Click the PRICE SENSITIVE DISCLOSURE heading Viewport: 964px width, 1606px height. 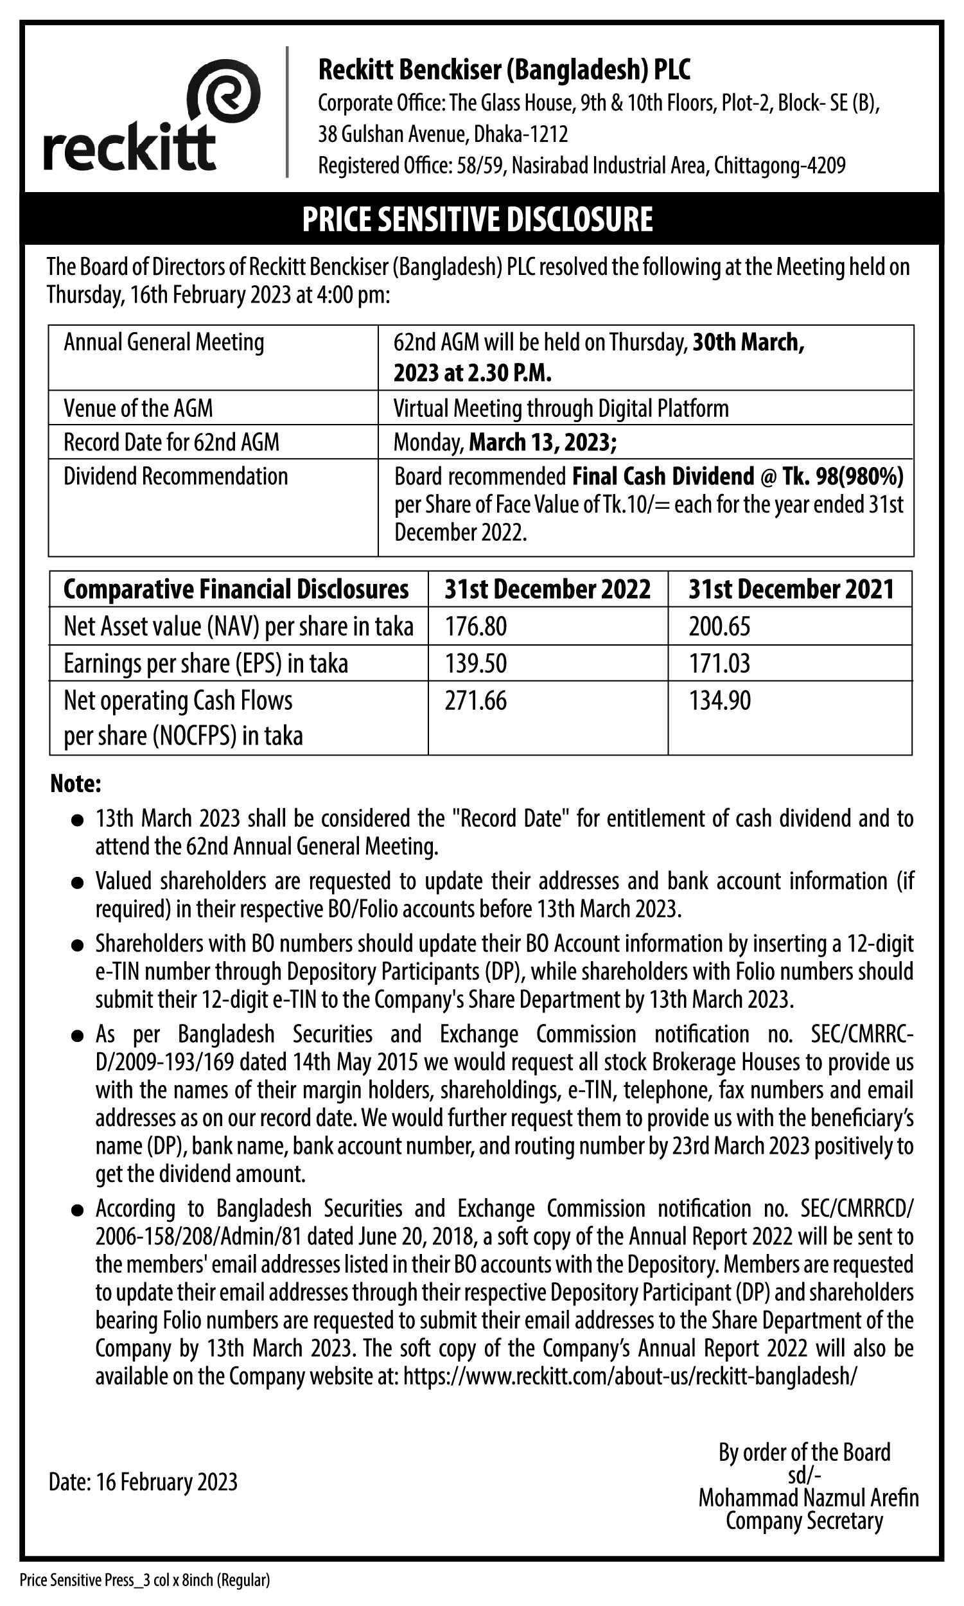point(477,219)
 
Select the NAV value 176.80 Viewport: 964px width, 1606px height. point(475,626)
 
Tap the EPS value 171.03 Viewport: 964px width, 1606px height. point(719,664)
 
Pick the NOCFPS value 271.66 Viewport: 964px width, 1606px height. point(475,700)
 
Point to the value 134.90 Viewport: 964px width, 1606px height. point(720,700)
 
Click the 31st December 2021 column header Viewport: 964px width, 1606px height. point(791,589)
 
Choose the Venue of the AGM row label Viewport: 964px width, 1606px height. point(137,408)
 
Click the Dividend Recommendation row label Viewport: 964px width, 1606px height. point(175,476)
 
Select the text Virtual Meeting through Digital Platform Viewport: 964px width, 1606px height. point(561,408)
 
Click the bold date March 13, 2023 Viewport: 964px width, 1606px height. point(543,443)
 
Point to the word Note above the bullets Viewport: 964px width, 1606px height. point(75,784)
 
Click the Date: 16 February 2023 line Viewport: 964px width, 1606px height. point(143,1482)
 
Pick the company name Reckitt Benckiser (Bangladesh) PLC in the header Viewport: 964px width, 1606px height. point(504,69)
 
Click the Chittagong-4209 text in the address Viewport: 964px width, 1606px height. point(780,166)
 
